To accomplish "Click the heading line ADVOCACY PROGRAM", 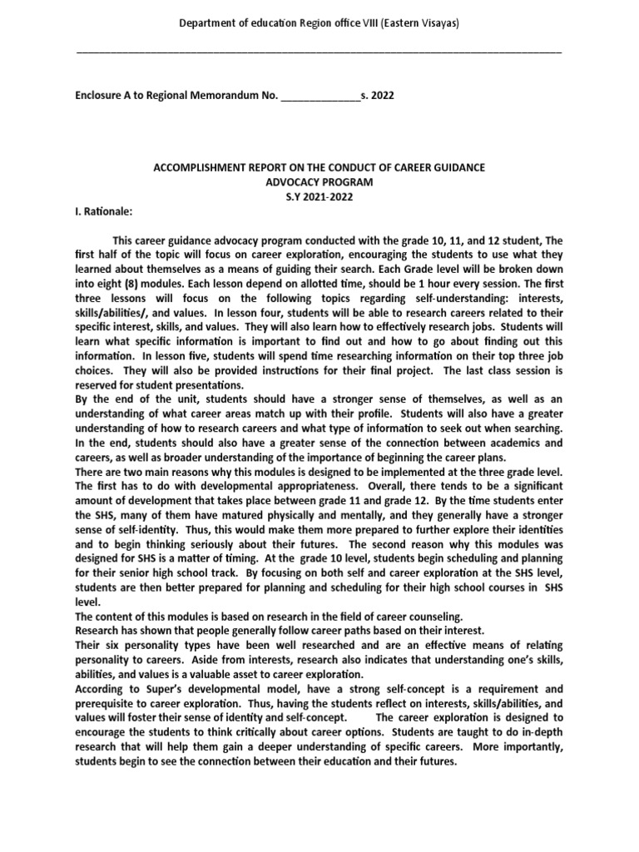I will click(319, 182).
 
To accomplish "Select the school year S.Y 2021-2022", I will click(319, 196).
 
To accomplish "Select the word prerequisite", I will click(106, 702).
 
